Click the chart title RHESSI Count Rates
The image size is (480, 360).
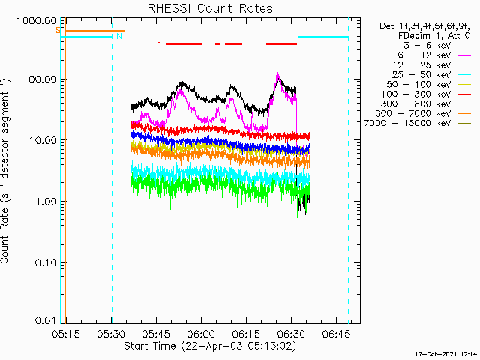[210, 9]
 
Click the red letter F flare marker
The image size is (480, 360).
[158, 43]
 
